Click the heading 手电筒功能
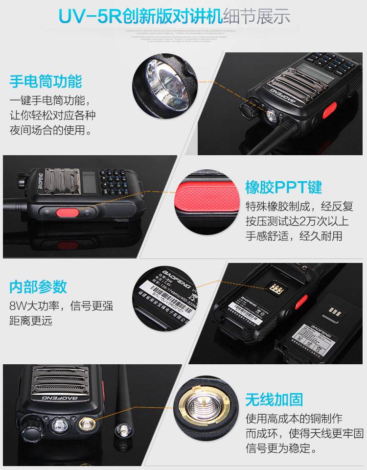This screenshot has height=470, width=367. pos(46,81)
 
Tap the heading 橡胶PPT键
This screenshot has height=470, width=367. pos(283,187)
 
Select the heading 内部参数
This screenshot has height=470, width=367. pos(38,287)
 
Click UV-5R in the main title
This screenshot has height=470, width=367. pos(91,16)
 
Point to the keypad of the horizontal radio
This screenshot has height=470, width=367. pos(114,181)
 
